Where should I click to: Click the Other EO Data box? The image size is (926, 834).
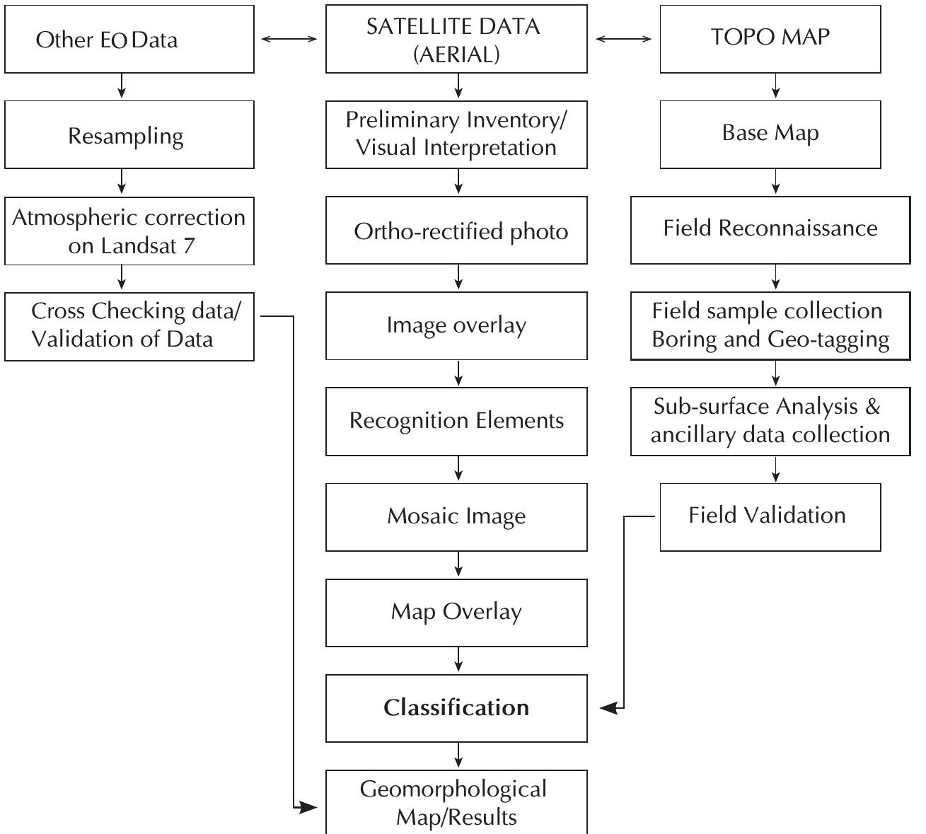click(x=129, y=39)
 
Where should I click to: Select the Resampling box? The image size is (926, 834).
click(x=129, y=134)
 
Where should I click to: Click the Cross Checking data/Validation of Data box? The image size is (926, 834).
click(x=129, y=325)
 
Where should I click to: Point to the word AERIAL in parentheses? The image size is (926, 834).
click(x=456, y=54)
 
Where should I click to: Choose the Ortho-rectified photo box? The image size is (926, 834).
click(x=456, y=231)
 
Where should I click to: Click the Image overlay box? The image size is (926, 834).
click(x=456, y=325)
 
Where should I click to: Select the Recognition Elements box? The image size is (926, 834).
click(x=456, y=421)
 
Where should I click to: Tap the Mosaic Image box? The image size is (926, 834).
click(x=456, y=516)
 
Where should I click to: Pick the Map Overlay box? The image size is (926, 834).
click(x=456, y=612)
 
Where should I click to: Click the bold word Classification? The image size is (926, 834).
click(x=456, y=707)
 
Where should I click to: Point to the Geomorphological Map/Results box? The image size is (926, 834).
click(x=456, y=803)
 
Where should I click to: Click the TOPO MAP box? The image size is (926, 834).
click(x=770, y=38)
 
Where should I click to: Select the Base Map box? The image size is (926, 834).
click(x=770, y=133)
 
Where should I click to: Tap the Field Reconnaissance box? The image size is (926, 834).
click(x=770, y=229)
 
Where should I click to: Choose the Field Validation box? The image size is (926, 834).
click(x=770, y=516)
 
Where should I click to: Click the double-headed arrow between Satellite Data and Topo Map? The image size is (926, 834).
click(x=623, y=40)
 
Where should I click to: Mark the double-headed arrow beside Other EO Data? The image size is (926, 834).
click(x=289, y=40)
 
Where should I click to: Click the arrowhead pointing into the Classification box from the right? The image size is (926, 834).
click(x=608, y=707)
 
